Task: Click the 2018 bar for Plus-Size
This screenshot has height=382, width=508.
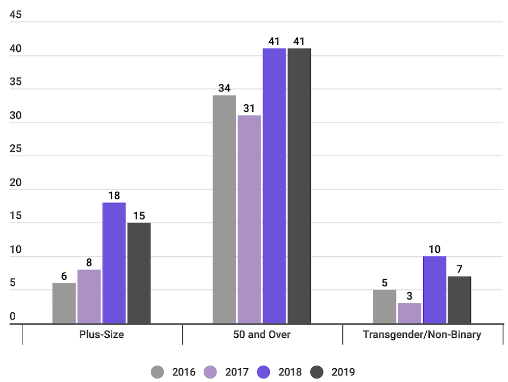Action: point(114,263)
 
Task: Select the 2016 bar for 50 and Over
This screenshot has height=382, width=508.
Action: point(224,209)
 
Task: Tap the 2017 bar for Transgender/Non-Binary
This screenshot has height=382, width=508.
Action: point(409,313)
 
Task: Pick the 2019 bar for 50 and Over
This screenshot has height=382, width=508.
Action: point(299,186)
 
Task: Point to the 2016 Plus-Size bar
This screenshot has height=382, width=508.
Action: point(64,303)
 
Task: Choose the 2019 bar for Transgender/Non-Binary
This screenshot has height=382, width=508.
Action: point(459,300)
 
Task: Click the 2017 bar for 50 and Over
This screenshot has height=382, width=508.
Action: point(249,219)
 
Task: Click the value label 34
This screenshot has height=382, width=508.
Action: point(224,88)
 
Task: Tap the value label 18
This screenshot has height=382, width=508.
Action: point(114,196)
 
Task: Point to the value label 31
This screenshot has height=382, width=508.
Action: point(249,108)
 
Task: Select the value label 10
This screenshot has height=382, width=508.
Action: point(434,249)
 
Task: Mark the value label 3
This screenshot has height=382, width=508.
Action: point(409,296)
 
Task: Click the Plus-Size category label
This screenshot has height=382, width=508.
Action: point(102,335)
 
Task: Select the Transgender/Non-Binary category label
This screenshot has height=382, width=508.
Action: point(422,335)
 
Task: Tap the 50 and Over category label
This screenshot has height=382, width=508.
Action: point(262,335)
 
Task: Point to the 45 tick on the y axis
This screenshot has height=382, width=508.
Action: point(16,15)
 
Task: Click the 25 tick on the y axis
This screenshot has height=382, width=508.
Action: point(16,149)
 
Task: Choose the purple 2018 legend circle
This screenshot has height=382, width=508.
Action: point(264,372)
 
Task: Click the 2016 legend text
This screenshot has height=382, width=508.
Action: point(183,372)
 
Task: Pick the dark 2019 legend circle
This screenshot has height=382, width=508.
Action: point(317,372)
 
